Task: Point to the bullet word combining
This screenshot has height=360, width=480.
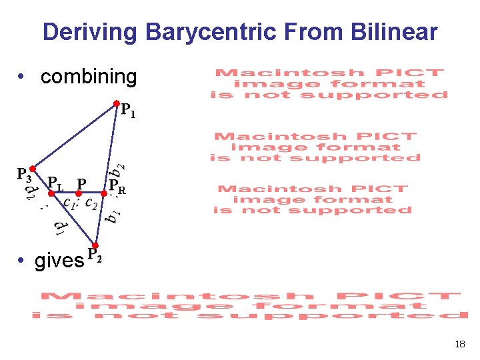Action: coord(88,77)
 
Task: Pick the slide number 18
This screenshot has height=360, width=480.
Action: coord(459,345)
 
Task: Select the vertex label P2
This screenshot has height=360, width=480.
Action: coord(95,255)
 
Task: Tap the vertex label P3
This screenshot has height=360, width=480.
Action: coord(24,175)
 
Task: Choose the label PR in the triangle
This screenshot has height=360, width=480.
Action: coord(118,186)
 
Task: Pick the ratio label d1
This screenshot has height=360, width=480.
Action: coord(60,229)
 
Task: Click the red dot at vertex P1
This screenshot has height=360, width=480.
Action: coord(116,104)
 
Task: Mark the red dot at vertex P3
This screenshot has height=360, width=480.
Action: coord(31,169)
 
